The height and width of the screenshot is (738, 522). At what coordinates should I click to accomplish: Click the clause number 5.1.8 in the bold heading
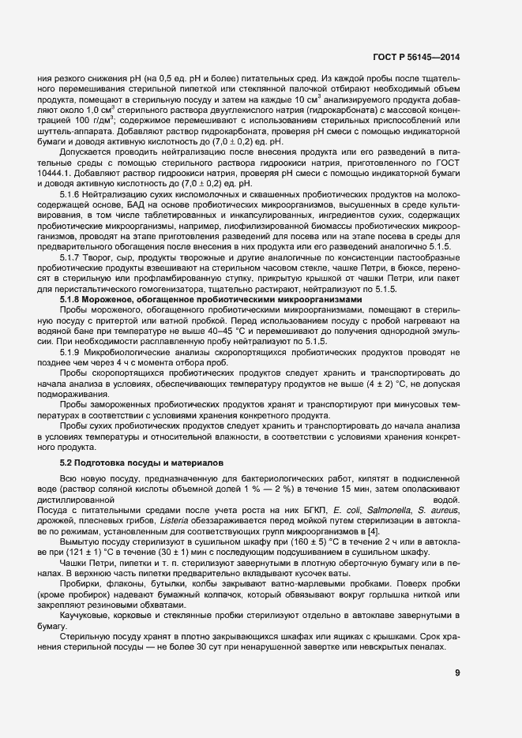click(x=73, y=300)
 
